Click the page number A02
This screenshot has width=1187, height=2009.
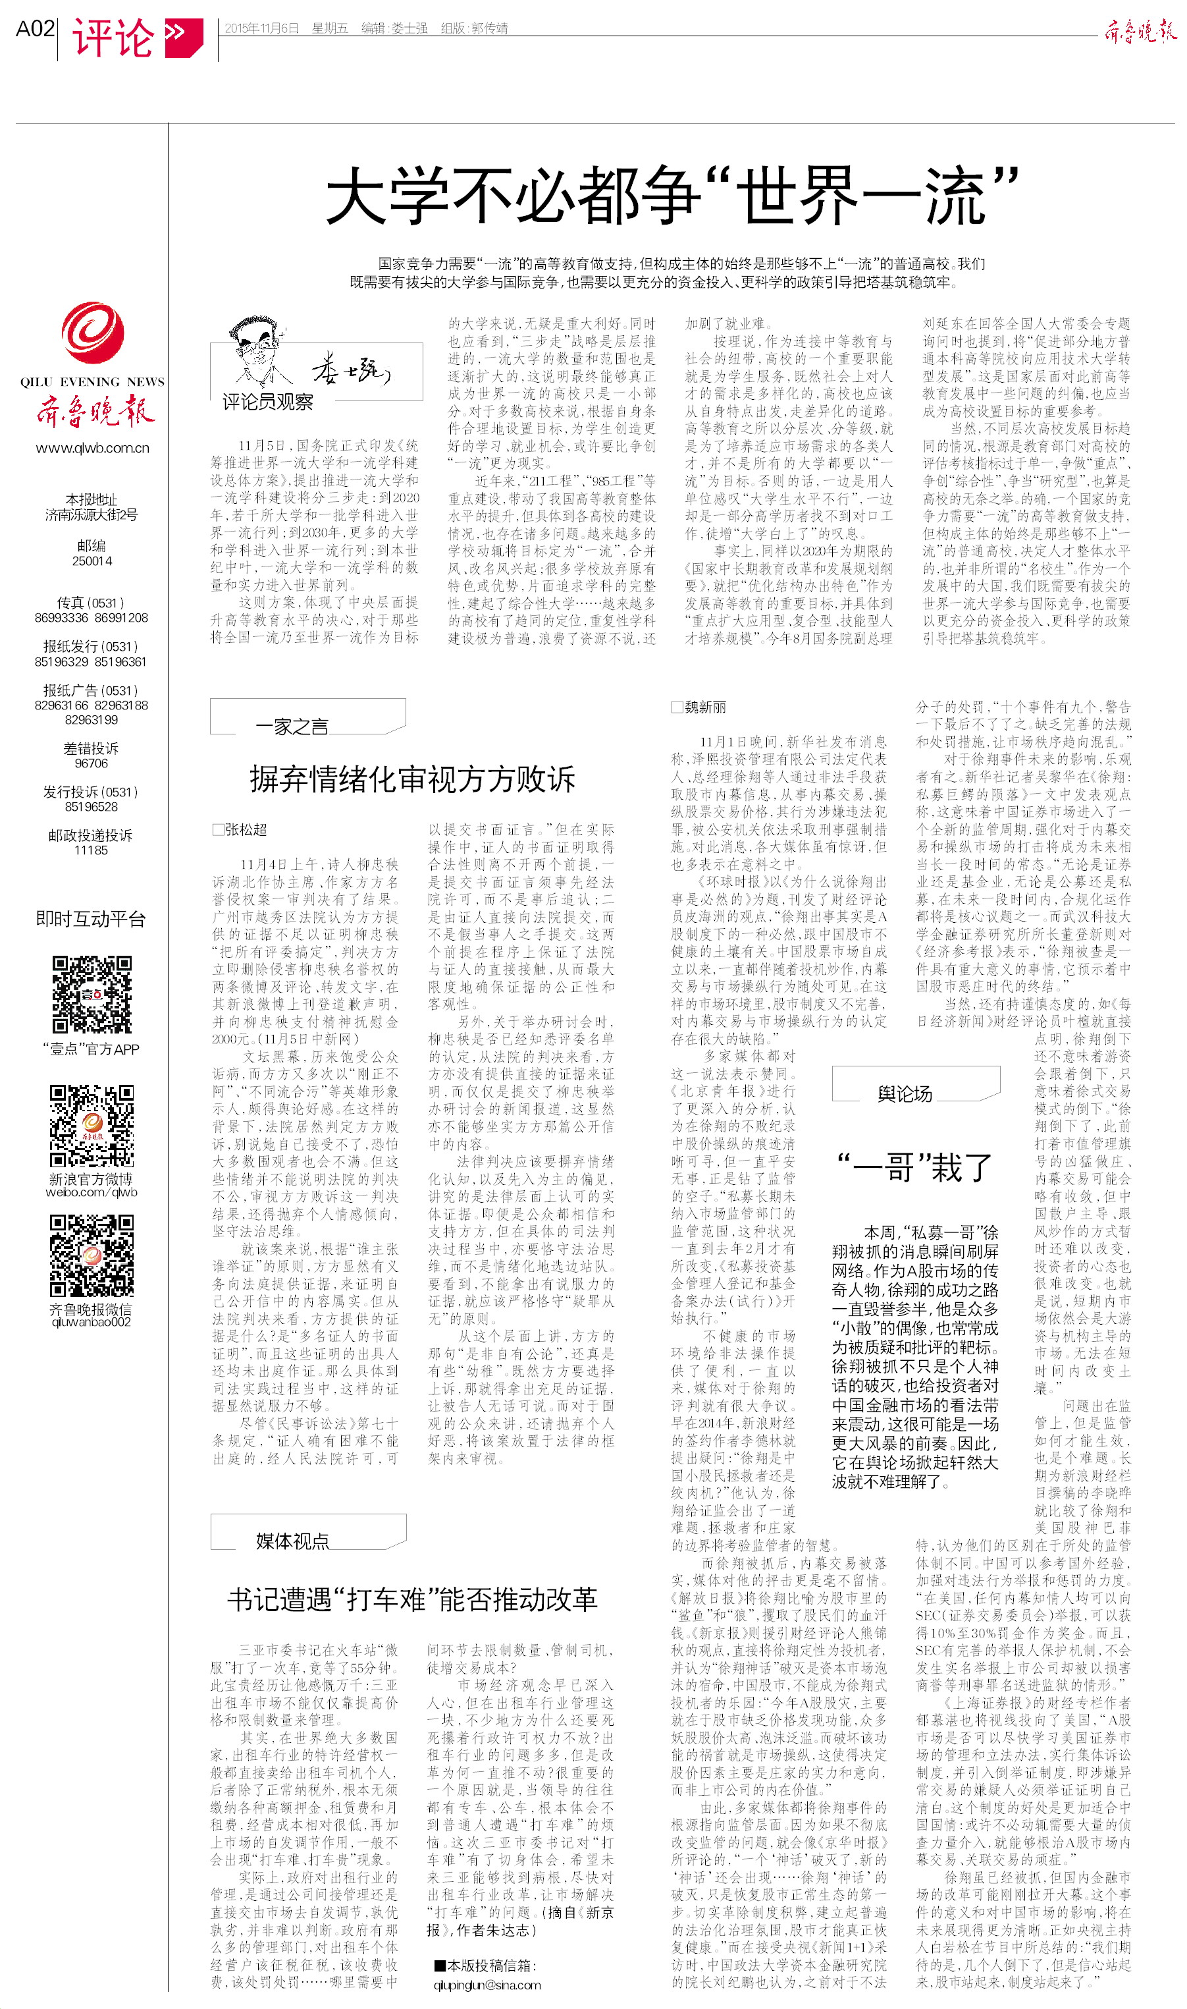tap(35, 30)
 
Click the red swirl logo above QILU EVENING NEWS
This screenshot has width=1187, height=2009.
tap(93, 332)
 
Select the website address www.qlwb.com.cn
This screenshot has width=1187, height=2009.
tap(92, 448)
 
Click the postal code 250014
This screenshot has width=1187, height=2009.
tap(92, 561)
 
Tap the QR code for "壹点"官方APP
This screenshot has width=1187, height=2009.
tap(92, 995)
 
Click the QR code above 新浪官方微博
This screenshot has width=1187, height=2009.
tap(92, 1125)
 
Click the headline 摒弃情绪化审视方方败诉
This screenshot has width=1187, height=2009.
tap(412, 779)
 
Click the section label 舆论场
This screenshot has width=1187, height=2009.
tap(905, 1093)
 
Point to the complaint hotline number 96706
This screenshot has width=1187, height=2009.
tap(92, 763)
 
